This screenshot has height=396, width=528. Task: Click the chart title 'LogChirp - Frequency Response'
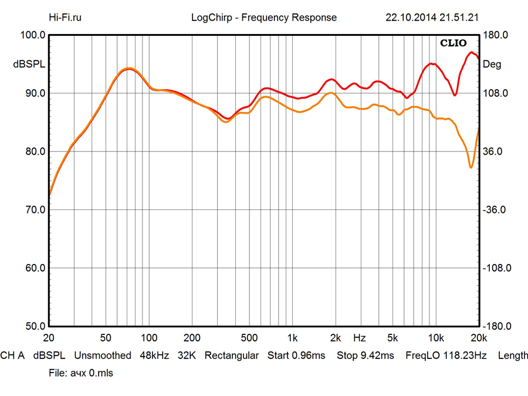(x=264, y=17)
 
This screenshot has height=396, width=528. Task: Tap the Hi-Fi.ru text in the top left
(x=65, y=17)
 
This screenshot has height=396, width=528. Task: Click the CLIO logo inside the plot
(x=453, y=43)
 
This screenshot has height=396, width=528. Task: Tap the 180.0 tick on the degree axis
(x=496, y=35)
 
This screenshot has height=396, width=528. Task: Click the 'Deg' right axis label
(x=492, y=65)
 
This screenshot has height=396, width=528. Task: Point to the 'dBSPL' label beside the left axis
(x=26, y=65)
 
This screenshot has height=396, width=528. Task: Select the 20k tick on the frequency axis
(x=479, y=338)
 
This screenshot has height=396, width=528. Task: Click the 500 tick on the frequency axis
(x=249, y=338)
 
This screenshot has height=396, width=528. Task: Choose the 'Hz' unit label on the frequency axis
(x=360, y=338)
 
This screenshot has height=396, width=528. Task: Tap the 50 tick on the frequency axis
(x=106, y=338)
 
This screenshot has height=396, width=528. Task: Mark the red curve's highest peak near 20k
(x=471, y=53)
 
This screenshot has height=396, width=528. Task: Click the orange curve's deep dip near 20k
(x=471, y=168)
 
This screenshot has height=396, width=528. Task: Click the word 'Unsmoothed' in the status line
(x=102, y=356)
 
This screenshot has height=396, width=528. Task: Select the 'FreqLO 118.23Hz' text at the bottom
(x=446, y=356)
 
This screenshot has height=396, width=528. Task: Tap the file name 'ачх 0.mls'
(x=81, y=373)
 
